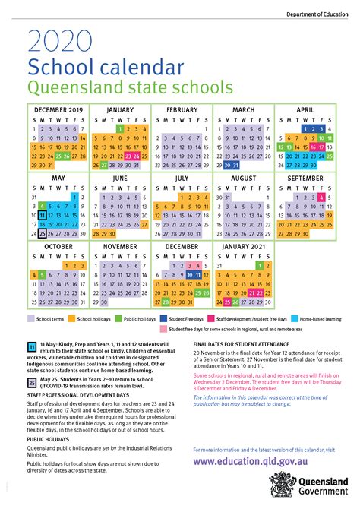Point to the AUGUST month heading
243,177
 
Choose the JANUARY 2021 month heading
243,245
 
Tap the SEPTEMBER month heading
305,177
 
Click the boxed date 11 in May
43,215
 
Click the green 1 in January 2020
122,129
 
